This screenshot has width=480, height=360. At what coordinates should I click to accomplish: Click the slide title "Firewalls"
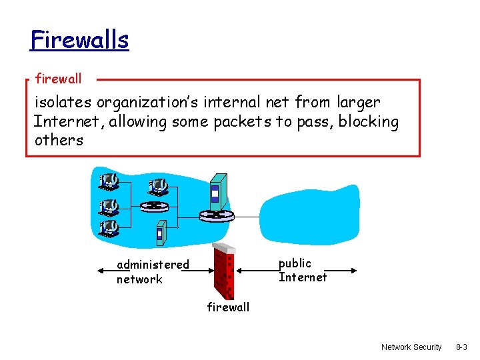click(79, 40)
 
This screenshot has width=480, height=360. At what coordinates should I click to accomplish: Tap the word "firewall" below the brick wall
click(228, 307)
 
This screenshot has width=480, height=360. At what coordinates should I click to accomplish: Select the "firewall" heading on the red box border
click(59, 79)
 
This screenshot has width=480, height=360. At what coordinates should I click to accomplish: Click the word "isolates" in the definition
click(63, 103)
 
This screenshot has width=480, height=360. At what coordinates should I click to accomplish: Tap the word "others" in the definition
click(59, 141)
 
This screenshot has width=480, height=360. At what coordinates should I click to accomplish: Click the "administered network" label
click(152, 272)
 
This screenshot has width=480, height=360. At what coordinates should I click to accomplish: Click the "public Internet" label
click(303, 270)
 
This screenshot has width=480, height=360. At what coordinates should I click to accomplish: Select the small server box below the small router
click(159, 233)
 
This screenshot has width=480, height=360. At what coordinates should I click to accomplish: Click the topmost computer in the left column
click(108, 181)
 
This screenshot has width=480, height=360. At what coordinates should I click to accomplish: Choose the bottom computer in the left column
click(108, 229)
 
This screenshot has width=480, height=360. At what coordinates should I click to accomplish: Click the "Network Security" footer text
click(411, 347)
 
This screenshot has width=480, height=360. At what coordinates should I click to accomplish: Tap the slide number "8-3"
click(462, 347)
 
